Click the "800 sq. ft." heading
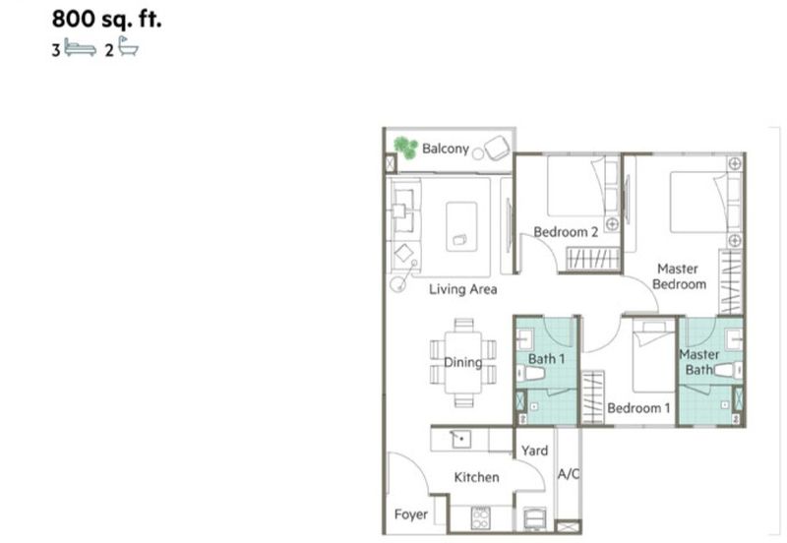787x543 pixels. [x=106, y=19]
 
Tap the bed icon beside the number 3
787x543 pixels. [x=81, y=49]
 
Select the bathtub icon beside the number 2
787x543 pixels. [x=129, y=46]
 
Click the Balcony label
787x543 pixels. [x=446, y=149]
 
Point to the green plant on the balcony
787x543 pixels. [x=405, y=148]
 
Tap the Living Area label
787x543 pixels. [x=462, y=289]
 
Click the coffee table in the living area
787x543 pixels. [x=461, y=226]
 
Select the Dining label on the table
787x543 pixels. [x=462, y=362]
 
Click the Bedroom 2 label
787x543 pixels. [x=566, y=232]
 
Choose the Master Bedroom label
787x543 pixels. [x=679, y=276]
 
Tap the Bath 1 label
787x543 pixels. [x=547, y=359]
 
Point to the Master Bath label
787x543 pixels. [x=698, y=362]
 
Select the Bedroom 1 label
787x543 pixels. [x=638, y=408]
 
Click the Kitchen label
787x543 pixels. [x=476, y=477]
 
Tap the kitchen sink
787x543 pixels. [x=460, y=440]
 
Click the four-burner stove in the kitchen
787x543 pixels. [x=480, y=517]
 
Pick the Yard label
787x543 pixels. [x=534, y=451]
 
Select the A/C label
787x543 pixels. [x=569, y=473]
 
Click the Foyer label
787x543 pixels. [x=411, y=514]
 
